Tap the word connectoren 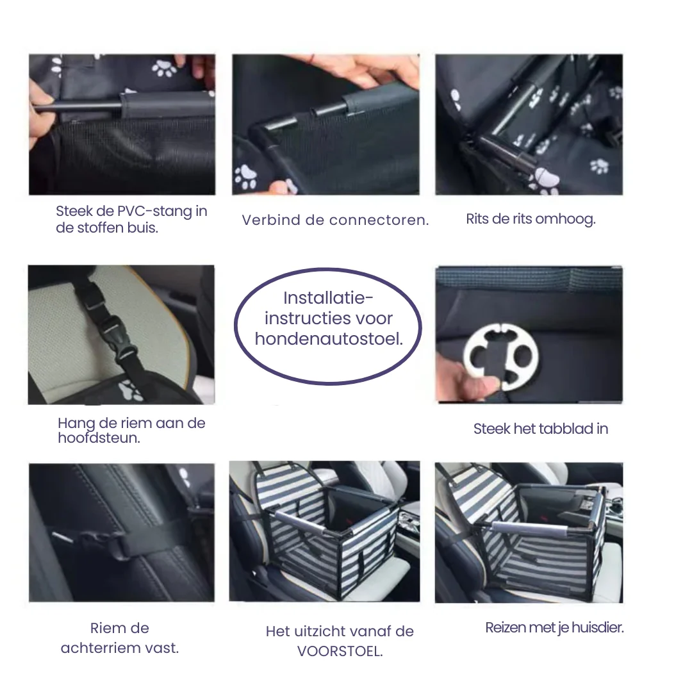pos(379,220)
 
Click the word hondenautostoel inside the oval pos(329,339)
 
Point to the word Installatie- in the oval pos(328,298)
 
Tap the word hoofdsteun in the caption pos(99,438)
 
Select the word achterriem pos(120,648)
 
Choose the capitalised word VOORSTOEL pos(340,652)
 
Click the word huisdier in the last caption pos(598,627)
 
